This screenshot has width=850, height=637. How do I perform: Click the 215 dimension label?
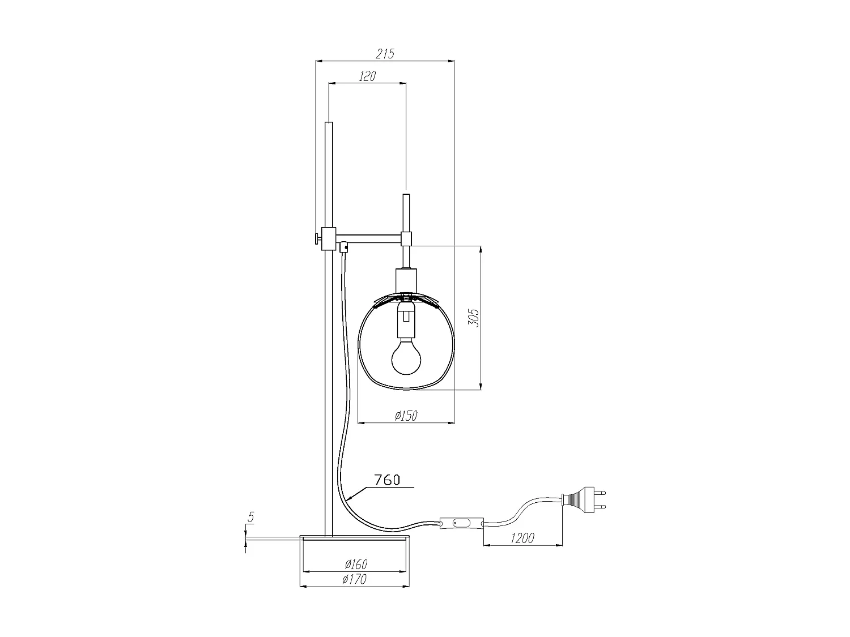coord(385,54)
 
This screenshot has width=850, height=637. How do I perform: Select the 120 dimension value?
coord(367,76)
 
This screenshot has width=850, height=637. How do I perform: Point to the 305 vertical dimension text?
coord(474,318)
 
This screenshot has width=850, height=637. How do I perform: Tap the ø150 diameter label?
coord(406,416)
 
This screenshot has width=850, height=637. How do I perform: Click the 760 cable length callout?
coord(387,480)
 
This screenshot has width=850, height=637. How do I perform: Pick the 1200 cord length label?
coord(522,538)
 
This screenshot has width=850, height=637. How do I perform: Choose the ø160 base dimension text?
coord(356,565)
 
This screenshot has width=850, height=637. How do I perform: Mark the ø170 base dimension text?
coord(354,579)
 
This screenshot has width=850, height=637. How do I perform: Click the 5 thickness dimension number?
coord(251,517)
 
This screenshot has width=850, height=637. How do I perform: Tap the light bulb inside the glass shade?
coord(406,356)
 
